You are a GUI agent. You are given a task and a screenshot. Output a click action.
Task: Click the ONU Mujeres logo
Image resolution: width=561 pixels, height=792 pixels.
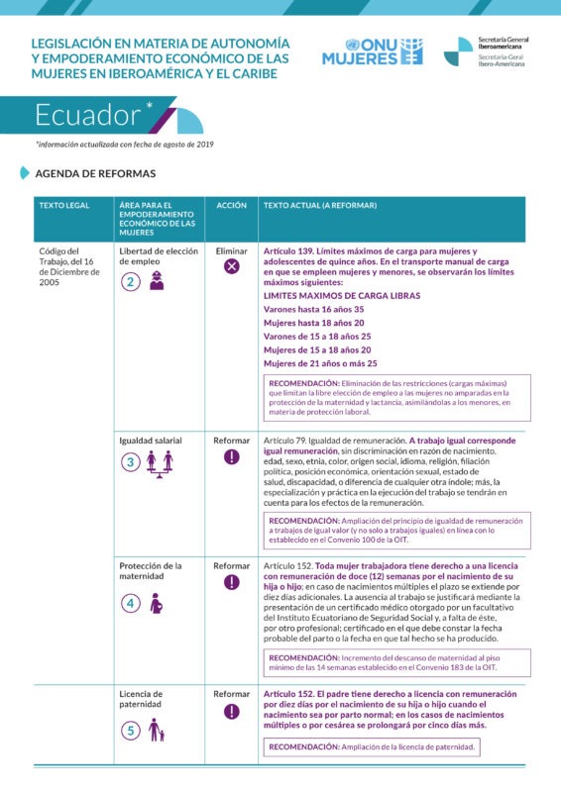point(372,51)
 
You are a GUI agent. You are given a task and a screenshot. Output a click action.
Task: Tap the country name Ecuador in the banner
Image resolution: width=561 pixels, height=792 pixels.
point(88,116)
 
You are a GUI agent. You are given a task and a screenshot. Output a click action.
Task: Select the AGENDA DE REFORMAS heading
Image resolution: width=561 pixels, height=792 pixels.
point(95,173)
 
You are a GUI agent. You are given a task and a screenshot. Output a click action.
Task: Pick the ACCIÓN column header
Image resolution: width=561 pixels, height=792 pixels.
point(231,205)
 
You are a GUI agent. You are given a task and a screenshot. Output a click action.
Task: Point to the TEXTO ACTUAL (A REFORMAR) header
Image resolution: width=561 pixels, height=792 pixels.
point(319,205)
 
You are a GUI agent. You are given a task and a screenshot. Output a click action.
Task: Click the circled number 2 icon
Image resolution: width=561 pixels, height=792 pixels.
point(131,281)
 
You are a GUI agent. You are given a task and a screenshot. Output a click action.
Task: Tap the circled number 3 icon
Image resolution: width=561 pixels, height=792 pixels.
point(131,461)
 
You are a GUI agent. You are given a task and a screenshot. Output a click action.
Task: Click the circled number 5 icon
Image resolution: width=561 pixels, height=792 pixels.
point(131,731)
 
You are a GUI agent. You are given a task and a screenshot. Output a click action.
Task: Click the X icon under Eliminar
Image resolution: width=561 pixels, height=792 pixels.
point(232,267)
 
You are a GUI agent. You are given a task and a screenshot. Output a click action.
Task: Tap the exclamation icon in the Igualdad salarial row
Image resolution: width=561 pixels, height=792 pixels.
point(232,456)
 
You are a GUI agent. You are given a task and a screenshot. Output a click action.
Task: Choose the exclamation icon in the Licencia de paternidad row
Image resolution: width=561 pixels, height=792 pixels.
point(232,711)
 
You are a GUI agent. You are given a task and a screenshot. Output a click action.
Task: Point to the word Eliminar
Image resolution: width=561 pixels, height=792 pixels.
point(231,251)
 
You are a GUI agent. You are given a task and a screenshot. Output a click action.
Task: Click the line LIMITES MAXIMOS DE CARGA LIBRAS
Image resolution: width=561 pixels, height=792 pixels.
point(341,296)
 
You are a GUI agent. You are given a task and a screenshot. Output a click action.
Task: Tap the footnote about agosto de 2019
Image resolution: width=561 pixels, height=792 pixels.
point(125,145)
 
